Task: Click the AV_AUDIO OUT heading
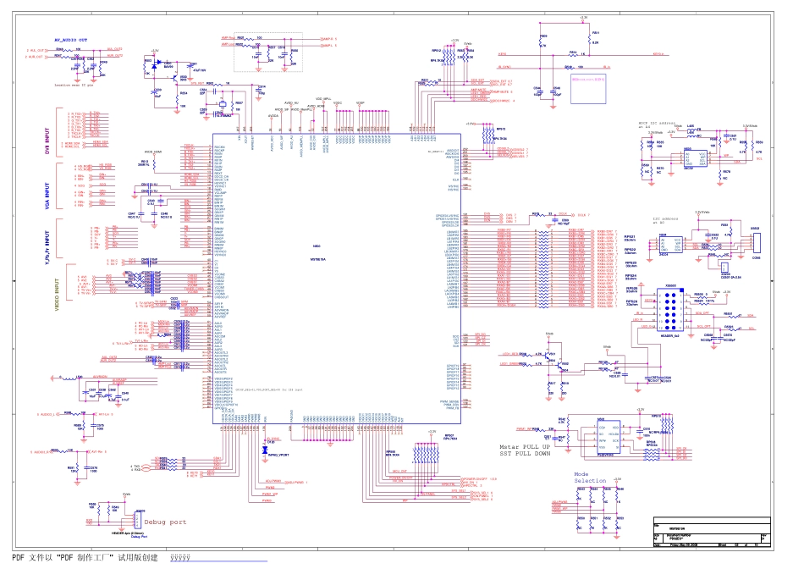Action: click(71, 40)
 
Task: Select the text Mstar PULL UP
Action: click(524, 445)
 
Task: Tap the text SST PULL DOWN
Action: click(525, 454)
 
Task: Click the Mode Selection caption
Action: click(589, 478)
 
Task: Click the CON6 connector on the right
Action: click(757, 243)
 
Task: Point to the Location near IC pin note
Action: click(74, 86)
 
